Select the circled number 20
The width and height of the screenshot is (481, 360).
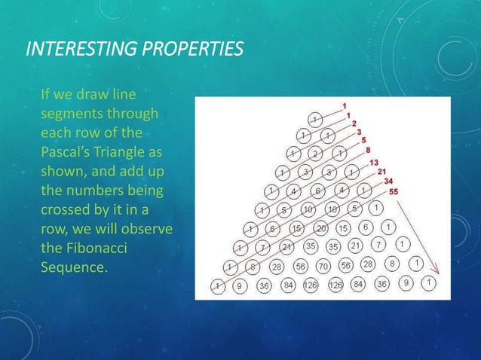(322, 228)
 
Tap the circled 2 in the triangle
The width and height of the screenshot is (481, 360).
(316, 154)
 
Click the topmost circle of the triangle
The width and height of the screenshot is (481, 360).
(317, 118)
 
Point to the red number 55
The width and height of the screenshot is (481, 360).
(394, 191)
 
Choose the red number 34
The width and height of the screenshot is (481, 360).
(388, 181)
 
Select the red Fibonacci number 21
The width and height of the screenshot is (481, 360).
(382, 171)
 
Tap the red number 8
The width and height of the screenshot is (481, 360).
(367, 151)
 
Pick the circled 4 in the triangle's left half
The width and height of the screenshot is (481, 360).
(294, 191)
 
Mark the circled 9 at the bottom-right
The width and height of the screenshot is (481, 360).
(407, 284)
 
